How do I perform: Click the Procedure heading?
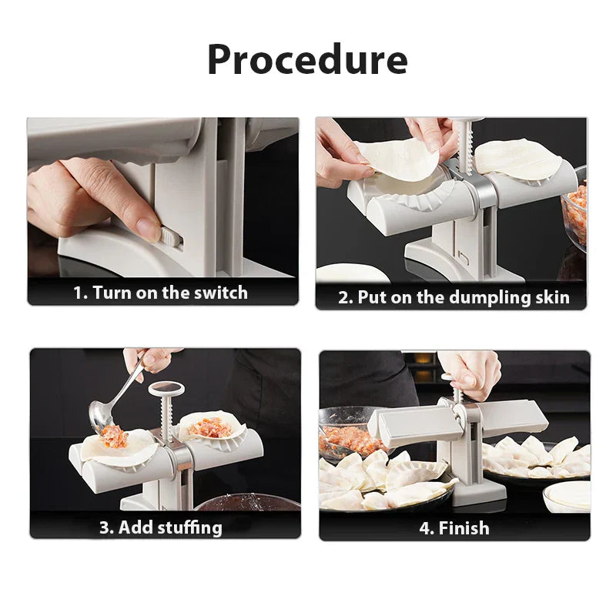coord(307,59)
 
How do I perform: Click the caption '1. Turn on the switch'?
coord(160,293)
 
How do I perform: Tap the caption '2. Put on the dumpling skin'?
coord(454,298)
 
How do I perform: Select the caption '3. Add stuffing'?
coord(160,527)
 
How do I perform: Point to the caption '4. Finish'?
coord(454,527)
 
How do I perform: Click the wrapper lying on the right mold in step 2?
coord(517,158)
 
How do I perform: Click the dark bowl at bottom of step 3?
coord(246,504)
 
